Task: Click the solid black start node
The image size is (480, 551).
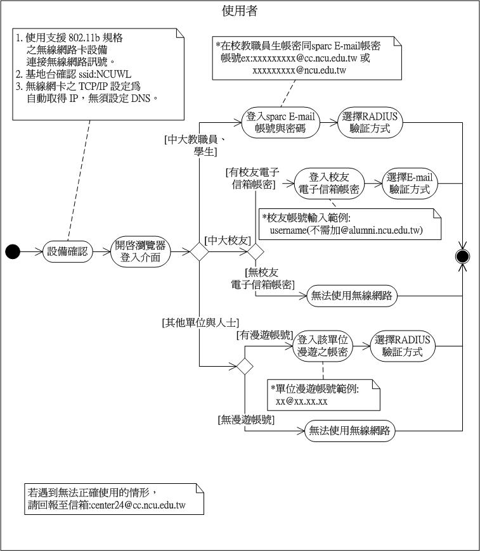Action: (x=13, y=252)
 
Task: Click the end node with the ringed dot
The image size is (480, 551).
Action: (x=463, y=256)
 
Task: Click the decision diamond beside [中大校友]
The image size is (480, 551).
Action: (x=256, y=252)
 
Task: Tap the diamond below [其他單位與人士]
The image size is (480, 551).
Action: (x=244, y=367)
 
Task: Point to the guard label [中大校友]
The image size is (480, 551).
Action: (x=227, y=239)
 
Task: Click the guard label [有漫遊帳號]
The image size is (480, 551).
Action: (x=264, y=334)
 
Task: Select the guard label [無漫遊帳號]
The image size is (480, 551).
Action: (x=247, y=419)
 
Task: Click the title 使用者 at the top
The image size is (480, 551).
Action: (x=240, y=11)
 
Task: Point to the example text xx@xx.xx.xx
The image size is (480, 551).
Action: (x=302, y=402)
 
